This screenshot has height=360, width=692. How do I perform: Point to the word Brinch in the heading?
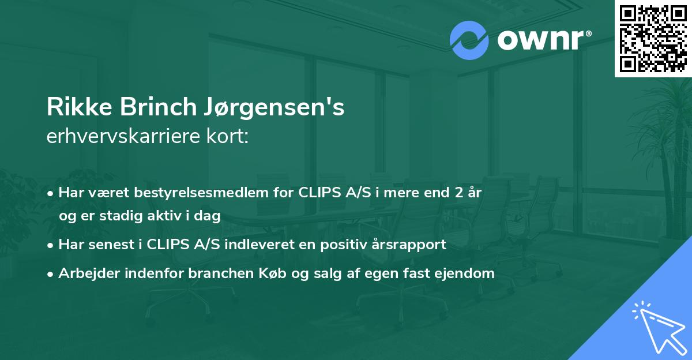click(x=146, y=107)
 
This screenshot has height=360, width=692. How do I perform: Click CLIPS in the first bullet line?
click(x=319, y=193)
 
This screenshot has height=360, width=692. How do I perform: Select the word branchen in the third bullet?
click(x=218, y=273)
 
